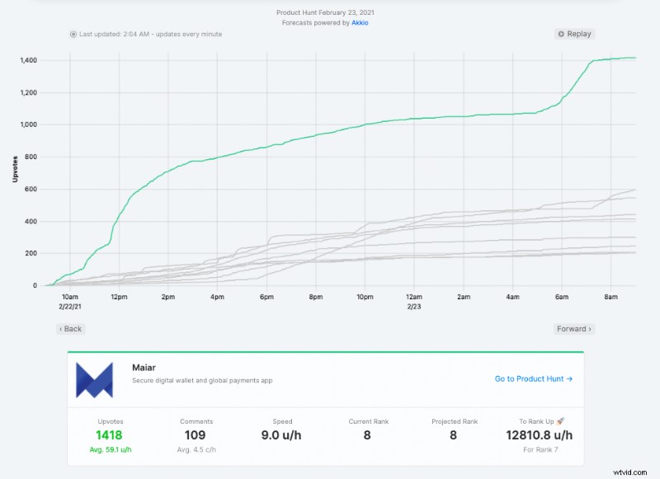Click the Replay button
click(x=574, y=34)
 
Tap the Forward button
click(x=574, y=329)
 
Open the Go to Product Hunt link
click(x=534, y=378)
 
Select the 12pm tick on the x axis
click(x=119, y=297)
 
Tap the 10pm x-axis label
click(x=365, y=297)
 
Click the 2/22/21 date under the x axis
click(x=70, y=306)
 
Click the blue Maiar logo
click(x=94, y=379)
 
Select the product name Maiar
click(x=144, y=368)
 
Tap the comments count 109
click(x=196, y=435)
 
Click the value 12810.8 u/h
click(x=540, y=435)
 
